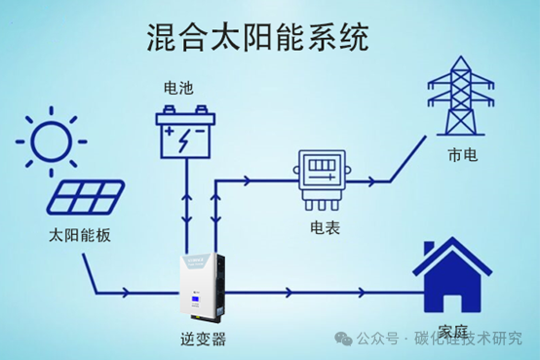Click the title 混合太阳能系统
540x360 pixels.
[x=256, y=38]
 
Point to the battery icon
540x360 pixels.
[x=186, y=133]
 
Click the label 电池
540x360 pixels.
[x=179, y=88]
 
